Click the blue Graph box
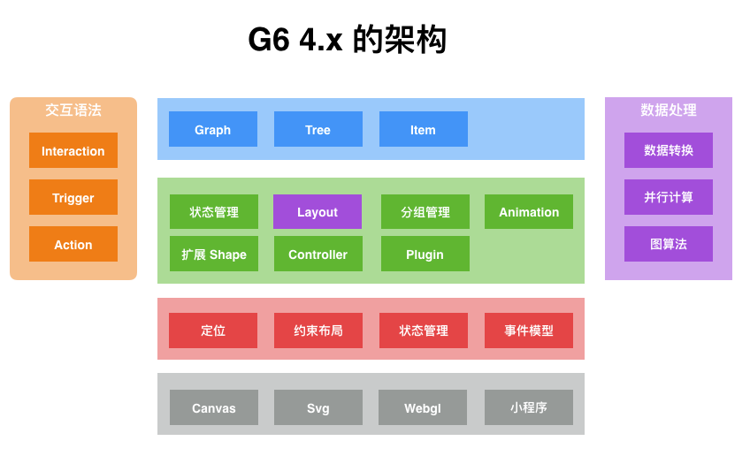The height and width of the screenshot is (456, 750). coord(212,129)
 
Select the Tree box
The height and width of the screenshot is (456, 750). coord(318,129)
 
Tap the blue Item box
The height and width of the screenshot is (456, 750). coord(423,129)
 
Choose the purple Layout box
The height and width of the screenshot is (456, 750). coord(318,212)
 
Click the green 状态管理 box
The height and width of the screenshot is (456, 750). coord(213,212)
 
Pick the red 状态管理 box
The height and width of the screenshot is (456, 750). coord(423,331)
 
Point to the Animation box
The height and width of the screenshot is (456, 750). coord(528,212)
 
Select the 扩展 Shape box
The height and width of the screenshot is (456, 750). coord(213,254)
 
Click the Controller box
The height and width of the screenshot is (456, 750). coord(318,254)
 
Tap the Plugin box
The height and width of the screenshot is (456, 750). coord(425,254)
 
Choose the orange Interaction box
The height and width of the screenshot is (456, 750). coord(73,150)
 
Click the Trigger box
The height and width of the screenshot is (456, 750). coord(73,197)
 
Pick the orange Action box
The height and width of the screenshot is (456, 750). coord(73,244)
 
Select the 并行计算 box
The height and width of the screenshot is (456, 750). coord(668,197)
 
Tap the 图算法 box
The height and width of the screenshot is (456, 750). coord(668,244)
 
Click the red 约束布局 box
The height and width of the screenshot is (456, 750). coord(318,331)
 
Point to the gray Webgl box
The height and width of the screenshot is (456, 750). coord(423,407)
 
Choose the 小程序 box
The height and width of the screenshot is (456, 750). coord(528,407)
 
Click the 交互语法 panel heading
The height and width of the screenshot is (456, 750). coord(73,110)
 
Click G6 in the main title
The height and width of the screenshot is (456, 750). coord(269,41)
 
